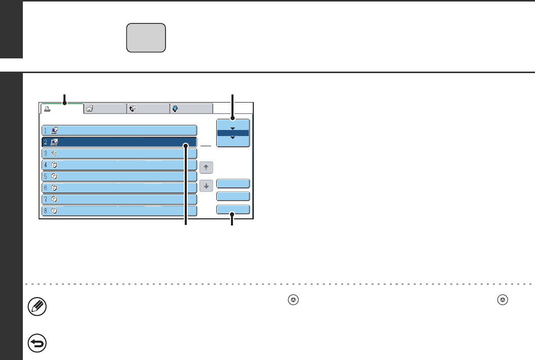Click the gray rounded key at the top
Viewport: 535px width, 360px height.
point(146,38)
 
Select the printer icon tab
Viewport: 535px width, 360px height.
point(61,108)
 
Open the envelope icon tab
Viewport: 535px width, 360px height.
point(105,108)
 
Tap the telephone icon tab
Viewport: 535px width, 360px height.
point(148,108)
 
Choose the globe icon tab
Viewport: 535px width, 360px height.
point(191,108)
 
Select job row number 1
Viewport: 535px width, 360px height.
point(119,130)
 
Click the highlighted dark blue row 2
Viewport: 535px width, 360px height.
point(119,142)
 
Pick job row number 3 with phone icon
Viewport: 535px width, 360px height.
point(119,153)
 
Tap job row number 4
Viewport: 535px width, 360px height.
point(119,165)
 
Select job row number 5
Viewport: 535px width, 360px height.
point(119,176)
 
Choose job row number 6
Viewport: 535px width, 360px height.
point(119,187)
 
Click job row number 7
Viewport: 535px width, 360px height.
point(119,199)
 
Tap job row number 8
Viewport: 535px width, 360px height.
point(119,210)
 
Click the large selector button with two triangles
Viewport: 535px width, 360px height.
point(233,133)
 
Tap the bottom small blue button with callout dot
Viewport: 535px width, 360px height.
point(233,209)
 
